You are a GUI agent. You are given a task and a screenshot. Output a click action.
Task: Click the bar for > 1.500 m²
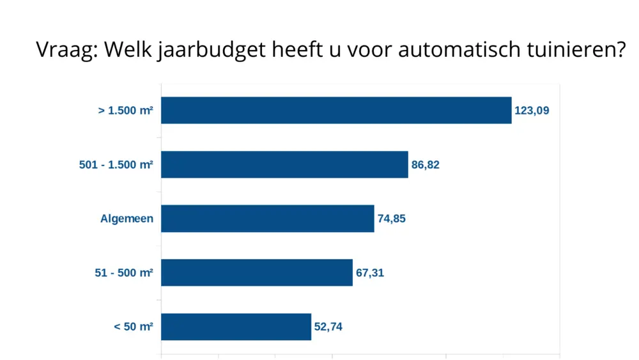pyautogui.click(x=336, y=110)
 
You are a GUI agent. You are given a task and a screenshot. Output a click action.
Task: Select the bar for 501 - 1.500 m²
pyautogui.click(x=284, y=164)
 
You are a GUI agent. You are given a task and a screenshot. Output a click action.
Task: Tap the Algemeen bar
pyautogui.click(x=267, y=219)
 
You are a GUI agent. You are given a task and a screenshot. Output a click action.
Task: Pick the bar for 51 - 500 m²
pyautogui.click(x=257, y=272)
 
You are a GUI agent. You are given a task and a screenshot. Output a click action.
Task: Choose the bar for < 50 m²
pyautogui.click(x=236, y=327)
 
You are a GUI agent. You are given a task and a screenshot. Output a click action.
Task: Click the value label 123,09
pyautogui.click(x=532, y=111)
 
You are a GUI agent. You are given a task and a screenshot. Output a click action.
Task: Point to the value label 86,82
pyautogui.click(x=426, y=165)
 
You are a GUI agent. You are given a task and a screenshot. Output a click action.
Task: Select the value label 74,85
pyautogui.click(x=391, y=219)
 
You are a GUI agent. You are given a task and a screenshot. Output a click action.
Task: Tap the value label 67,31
pyautogui.click(x=370, y=273)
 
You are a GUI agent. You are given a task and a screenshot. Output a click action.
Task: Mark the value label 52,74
pyautogui.click(x=328, y=327)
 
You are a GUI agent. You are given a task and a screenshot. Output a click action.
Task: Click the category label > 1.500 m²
pyautogui.click(x=125, y=111)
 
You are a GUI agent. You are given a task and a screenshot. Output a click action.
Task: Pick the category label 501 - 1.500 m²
pyautogui.click(x=116, y=165)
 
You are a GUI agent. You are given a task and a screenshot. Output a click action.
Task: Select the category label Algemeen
pyautogui.click(x=127, y=219)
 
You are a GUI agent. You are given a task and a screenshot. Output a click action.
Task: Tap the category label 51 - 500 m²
pyautogui.click(x=124, y=273)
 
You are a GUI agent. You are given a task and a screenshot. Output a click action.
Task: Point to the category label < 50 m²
pyautogui.click(x=133, y=327)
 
